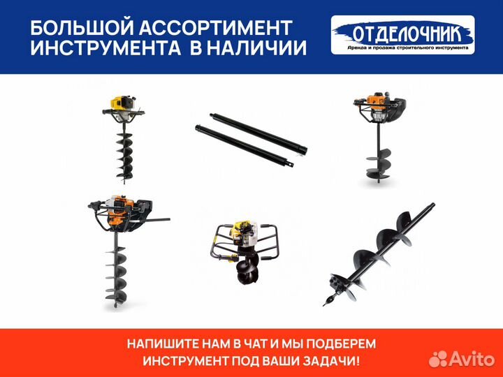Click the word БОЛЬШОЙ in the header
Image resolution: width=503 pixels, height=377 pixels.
78,28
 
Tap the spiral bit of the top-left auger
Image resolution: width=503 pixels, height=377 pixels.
119,154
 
